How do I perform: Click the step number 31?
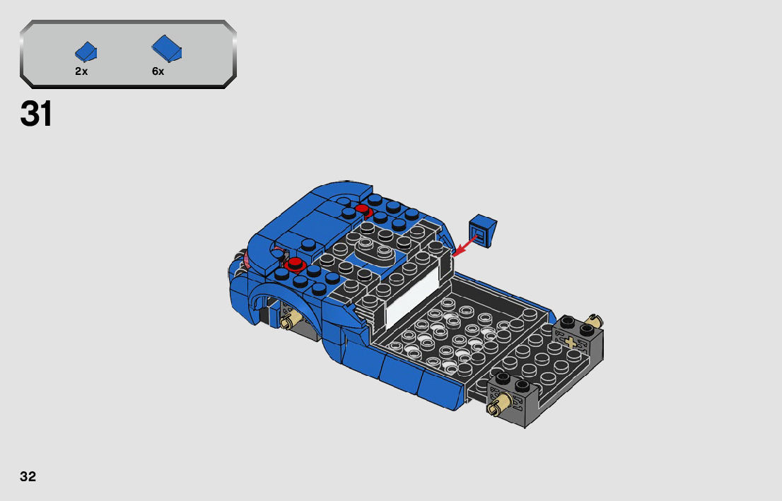(x=36, y=114)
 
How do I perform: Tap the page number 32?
(x=28, y=476)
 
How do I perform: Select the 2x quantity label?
(x=81, y=71)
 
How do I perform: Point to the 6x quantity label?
(x=158, y=71)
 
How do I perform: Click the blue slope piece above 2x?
(x=86, y=52)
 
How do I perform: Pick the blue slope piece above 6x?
(x=167, y=49)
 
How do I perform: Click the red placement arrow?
(x=465, y=247)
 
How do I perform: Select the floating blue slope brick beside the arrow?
(x=482, y=231)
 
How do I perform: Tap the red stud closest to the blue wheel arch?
(x=294, y=264)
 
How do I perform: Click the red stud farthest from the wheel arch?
(x=363, y=210)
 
